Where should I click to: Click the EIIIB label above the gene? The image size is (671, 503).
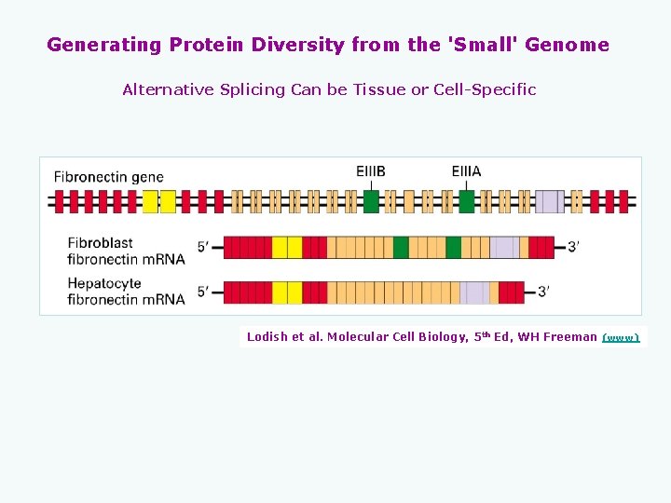click(x=370, y=171)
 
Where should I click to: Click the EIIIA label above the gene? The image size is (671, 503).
click(x=466, y=171)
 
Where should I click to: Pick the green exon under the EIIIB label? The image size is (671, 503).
click(x=371, y=201)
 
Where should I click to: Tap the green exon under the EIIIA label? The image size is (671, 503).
click(x=467, y=201)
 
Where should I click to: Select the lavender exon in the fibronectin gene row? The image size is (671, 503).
click(x=549, y=201)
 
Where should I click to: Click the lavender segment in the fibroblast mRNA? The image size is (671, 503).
click(x=504, y=247)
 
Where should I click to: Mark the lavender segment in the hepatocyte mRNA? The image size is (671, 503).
click(x=473, y=292)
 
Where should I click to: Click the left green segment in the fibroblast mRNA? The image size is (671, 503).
click(x=401, y=247)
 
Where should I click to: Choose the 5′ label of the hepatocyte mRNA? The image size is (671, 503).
click(x=204, y=292)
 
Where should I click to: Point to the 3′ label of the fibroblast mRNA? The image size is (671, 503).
click(x=573, y=247)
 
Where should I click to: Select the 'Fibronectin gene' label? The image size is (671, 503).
click(x=108, y=177)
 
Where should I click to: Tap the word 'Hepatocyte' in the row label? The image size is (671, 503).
click(x=104, y=283)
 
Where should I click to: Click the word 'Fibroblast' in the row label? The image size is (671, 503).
click(x=101, y=243)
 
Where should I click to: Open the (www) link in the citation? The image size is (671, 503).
click(x=621, y=337)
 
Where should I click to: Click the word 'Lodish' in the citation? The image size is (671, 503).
click(x=267, y=337)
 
